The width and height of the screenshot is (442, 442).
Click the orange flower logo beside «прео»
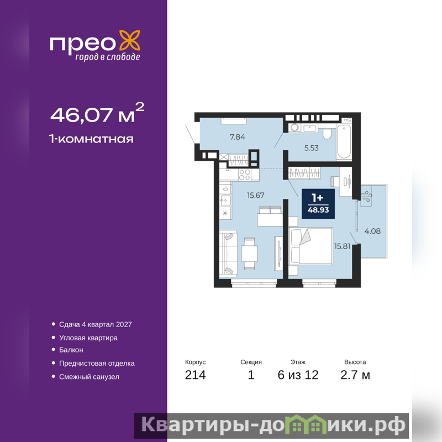[x=130, y=42]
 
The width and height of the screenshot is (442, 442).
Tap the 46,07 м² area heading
[x=97, y=113]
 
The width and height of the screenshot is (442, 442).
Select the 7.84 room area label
[x=238, y=137]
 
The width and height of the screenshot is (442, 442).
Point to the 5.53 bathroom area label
[x=311, y=148]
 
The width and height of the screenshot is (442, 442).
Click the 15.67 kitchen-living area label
[x=256, y=195]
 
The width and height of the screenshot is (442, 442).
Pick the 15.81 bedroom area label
[x=342, y=246]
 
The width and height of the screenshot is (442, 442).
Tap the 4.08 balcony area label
[x=372, y=231]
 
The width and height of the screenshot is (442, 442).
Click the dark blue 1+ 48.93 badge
[x=318, y=204]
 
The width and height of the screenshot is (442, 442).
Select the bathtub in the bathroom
[x=344, y=142]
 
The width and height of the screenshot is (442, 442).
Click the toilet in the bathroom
[x=327, y=134]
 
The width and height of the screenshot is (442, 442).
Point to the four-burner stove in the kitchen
[x=245, y=175]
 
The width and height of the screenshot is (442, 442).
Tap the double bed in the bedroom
[x=311, y=246]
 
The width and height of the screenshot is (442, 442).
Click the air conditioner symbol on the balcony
[x=367, y=196]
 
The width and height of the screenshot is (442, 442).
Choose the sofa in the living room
[x=228, y=253]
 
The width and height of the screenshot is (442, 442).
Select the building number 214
[x=196, y=375]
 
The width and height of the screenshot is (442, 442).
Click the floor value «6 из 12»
[x=298, y=375]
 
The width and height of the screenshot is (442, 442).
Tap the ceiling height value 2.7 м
[x=355, y=375]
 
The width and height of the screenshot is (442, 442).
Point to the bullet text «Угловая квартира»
[x=88, y=338]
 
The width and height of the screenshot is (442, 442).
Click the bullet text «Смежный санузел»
[x=89, y=377]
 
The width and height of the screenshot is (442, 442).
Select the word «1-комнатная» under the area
[x=91, y=139]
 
